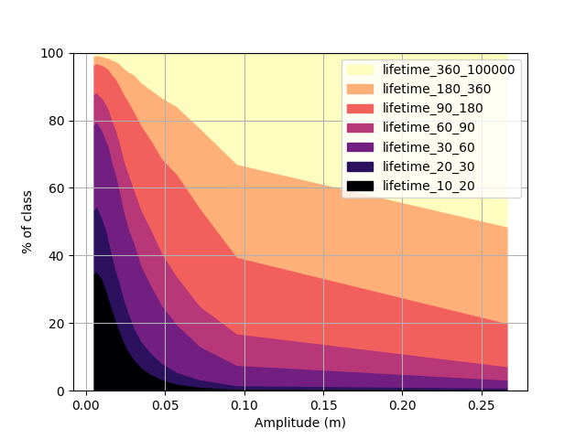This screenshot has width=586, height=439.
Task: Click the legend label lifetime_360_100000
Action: click(449, 70)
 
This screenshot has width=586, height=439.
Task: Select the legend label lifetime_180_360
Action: click(437, 89)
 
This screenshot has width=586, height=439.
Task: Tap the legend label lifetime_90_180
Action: click(433, 108)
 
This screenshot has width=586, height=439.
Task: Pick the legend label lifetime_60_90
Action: click(429, 128)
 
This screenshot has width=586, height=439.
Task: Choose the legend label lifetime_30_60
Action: click(429, 147)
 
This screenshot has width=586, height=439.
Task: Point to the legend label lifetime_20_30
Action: click(429, 166)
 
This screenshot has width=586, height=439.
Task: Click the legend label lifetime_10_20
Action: click(429, 186)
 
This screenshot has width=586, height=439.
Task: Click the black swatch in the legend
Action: click(360, 186)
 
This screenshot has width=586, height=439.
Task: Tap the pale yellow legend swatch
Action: click(360, 70)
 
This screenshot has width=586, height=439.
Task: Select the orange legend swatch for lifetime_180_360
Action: click(360, 89)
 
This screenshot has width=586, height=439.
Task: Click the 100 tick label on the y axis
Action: click(52, 53)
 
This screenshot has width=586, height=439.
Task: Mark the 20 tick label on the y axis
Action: click(56, 324)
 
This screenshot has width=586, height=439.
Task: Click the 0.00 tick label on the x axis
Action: click(86, 405)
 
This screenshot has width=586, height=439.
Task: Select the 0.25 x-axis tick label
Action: click(482, 405)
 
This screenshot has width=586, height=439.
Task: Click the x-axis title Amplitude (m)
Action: click(300, 423)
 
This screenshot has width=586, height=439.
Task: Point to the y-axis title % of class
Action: click(27, 222)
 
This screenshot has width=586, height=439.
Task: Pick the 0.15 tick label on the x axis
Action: click(323, 405)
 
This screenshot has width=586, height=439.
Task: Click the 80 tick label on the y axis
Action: click(56, 121)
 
